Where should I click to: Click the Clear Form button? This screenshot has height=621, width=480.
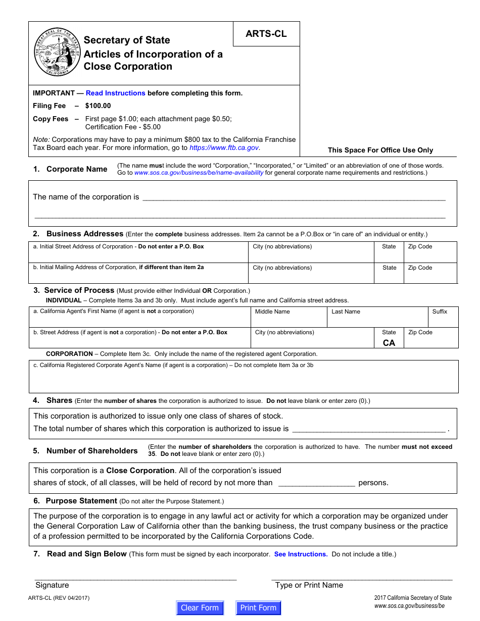[200, 608]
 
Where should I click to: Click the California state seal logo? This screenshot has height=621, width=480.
[57, 52]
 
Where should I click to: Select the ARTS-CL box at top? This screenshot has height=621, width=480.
[266, 34]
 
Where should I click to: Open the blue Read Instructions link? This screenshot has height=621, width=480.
[115, 93]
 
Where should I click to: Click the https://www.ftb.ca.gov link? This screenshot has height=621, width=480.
[224, 148]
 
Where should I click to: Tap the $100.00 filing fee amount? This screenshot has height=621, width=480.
[98, 106]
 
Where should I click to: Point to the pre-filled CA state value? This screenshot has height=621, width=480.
[389, 343]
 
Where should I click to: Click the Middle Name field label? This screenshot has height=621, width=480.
[272, 312]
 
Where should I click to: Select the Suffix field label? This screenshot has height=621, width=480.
[440, 312]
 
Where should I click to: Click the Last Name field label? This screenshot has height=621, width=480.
[346, 312]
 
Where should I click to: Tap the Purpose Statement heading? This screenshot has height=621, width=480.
[81, 501]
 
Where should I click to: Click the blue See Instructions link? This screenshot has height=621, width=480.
[301, 554]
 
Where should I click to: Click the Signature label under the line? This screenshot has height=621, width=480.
[52, 585]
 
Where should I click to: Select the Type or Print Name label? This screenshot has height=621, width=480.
[309, 585]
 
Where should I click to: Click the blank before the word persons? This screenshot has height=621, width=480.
[316, 483]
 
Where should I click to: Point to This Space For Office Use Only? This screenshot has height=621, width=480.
[380, 150]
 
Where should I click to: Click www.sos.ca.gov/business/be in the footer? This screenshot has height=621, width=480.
[409, 606]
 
